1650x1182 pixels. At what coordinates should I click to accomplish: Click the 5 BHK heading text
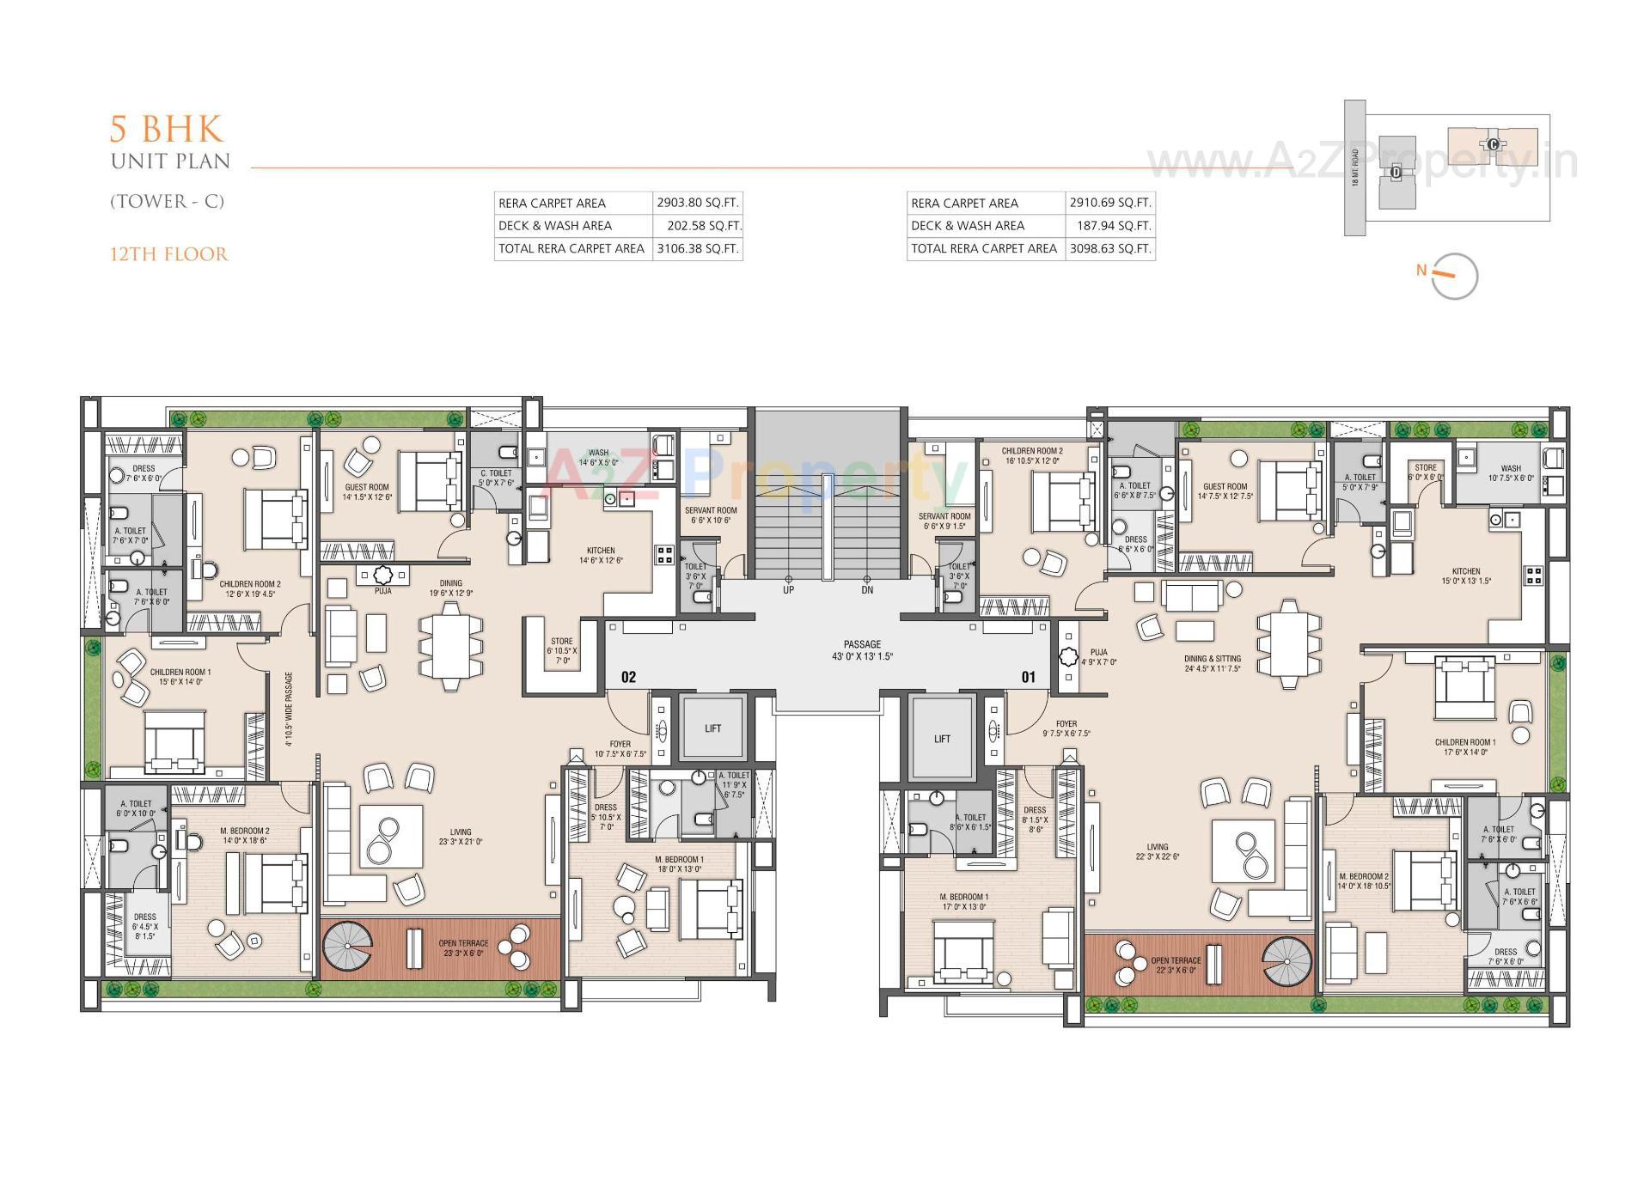(x=166, y=129)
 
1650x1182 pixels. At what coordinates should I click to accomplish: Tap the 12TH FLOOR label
(x=168, y=254)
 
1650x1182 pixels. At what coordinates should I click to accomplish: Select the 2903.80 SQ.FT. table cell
(x=697, y=203)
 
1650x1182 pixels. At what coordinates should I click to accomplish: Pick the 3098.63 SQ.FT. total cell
(x=1109, y=248)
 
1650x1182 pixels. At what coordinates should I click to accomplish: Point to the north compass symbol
(x=1454, y=276)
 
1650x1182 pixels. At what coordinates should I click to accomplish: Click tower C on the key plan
(x=1493, y=144)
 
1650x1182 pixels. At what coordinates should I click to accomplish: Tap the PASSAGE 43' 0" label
(x=862, y=650)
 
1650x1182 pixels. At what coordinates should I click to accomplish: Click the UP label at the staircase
(x=788, y=590)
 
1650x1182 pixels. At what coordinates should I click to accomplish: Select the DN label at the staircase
(x=867, y=590)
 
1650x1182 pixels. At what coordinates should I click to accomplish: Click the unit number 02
(x=628, y=677)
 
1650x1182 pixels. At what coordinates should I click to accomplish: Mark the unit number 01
(x=1028, y=677)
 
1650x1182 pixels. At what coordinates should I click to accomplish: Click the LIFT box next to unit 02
(x=712, y=728)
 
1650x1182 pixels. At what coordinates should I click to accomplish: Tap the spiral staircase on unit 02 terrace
(x=348, y=947)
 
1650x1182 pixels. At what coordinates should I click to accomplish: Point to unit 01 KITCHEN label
(x=1466, y=576)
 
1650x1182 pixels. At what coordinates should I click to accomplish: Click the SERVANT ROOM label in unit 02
(x=711, y=515)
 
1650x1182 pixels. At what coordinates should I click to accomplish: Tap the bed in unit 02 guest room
(x=430, y=482)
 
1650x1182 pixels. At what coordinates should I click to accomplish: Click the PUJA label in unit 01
(x=1098, y=656)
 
